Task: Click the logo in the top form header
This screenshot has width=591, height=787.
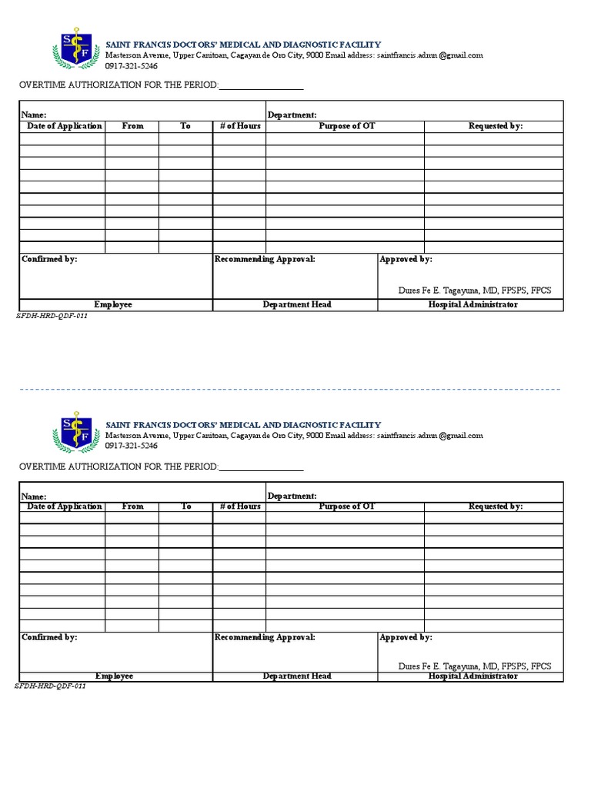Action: [75, 51]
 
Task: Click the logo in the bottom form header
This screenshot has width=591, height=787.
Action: [75, 431]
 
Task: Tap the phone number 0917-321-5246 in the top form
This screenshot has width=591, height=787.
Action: [132, 66]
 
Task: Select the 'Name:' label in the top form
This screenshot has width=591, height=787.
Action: [34, 115]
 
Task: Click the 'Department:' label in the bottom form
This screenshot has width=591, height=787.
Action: [292, 496]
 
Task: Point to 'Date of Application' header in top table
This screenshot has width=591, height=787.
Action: [64, 126]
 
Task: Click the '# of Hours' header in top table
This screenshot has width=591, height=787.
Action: [240, 126]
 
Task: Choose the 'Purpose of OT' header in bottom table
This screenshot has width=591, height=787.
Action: [346, 506]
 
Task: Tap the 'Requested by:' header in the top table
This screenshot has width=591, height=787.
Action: [496, 126]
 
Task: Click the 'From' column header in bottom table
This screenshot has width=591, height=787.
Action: [132, 506]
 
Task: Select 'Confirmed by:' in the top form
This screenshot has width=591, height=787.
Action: [49, 260]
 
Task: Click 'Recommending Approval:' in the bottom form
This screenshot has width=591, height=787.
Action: [265, 637]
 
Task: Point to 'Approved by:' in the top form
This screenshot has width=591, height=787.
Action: [406, 260]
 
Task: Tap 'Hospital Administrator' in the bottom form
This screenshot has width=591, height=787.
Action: [472, 676]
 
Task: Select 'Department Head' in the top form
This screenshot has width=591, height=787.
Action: [296, 304]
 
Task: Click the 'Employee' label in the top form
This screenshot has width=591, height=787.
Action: [113, 304]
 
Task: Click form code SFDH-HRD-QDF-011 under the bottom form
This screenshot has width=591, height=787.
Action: [51, 686]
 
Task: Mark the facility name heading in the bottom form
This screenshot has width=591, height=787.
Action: [242, 425]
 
